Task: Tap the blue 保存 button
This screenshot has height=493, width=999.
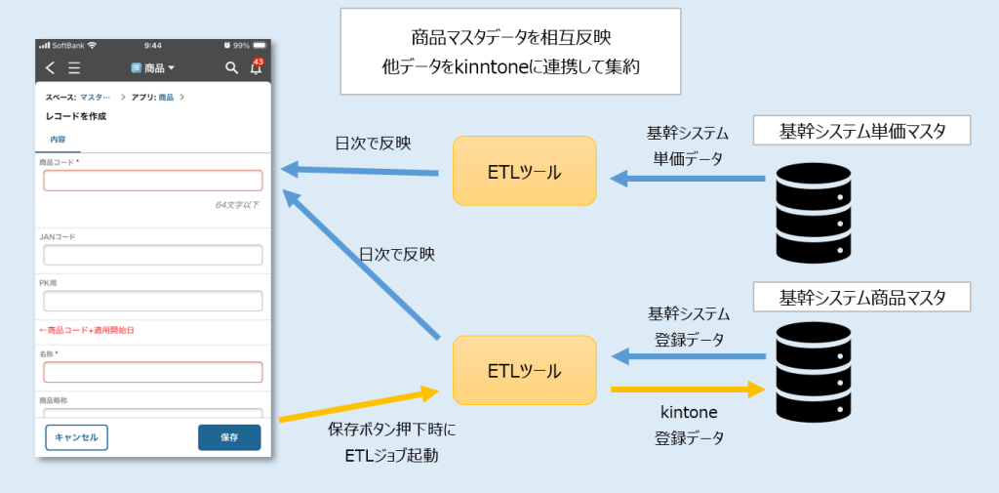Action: tap(229, 437)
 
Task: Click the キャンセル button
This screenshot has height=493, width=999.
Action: tap(76, 437)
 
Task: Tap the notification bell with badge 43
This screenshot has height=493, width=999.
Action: tap(256, 68)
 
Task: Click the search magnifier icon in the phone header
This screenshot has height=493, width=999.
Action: tap(231, 68)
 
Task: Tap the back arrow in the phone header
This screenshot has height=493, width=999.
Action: tap(51, 68)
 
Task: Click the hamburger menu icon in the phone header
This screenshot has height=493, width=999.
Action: tap(74, 68)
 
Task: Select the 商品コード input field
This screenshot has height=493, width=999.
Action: tap(153, 181)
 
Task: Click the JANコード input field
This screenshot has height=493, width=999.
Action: tap(153, 255)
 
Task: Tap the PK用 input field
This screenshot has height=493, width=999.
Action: tap(153, 301)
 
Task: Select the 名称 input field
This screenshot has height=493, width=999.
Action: tap(153, 372)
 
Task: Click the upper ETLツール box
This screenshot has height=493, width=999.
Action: tap(524, 172)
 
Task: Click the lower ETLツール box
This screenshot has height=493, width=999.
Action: tap(524, 370)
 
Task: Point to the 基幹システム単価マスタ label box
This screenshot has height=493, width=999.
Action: tap(862, 131)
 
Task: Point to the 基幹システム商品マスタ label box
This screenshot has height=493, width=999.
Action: tap(862, 296)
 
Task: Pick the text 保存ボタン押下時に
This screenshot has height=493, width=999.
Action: tap(392, 430)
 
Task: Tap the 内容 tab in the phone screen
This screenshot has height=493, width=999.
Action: tap(59, 141)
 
